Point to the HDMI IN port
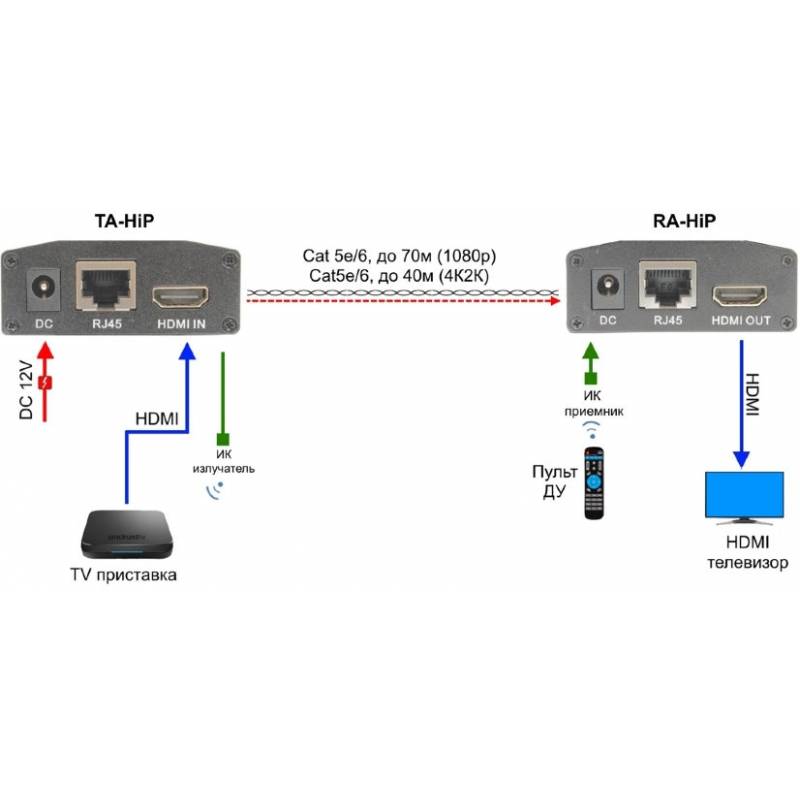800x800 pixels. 180,297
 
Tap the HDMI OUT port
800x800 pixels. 740,296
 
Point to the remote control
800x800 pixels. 595,483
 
